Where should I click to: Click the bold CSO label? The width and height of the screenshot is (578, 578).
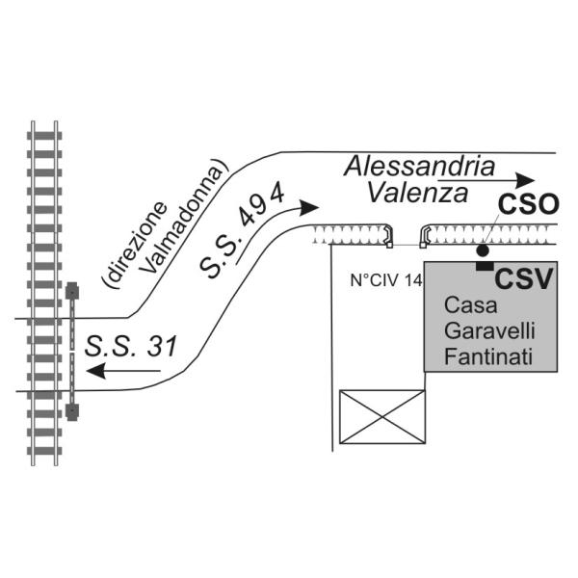pos(529,204)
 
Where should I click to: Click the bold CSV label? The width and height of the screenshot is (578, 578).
pos(524,279)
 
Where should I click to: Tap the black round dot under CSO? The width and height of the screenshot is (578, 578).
pos(483,250)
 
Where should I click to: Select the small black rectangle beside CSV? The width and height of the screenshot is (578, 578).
pos(486,266)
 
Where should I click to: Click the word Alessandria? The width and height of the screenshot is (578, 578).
pos(419,167)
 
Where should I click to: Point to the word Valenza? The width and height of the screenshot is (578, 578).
pos(418,193)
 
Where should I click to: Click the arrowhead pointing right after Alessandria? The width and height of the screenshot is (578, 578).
pos(525,180)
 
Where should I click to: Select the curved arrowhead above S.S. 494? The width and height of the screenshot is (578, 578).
pos(308,207)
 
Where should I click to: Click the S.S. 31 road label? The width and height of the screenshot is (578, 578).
pos(131,346)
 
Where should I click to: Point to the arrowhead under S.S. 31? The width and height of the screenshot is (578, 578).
pos(96,371)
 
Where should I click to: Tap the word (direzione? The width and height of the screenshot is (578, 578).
pos(134,244)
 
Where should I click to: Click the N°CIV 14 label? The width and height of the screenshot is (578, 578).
pos(386,281)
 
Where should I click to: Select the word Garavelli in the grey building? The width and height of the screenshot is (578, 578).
pos(489,330)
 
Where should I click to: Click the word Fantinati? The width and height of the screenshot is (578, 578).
pos(488,356)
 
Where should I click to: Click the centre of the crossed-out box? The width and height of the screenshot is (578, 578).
pos(382,416)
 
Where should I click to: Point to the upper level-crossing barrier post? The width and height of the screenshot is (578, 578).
pos(72,291)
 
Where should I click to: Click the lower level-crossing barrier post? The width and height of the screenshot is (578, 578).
pos(72,411)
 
